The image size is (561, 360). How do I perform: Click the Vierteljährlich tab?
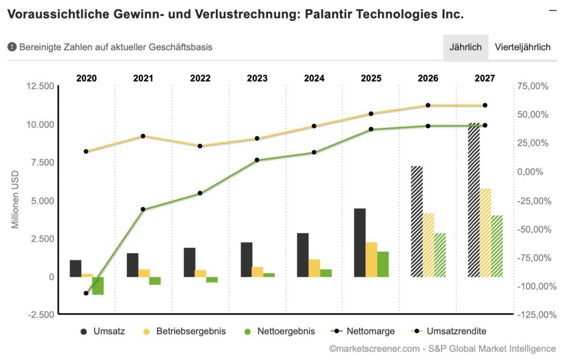coord(522,47)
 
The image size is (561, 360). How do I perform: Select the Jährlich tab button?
coord(465,47)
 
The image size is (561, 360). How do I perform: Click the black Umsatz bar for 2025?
coord(360,243)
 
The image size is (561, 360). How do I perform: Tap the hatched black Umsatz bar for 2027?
coord(474,200)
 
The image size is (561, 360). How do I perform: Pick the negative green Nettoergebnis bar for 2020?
coord(98,285)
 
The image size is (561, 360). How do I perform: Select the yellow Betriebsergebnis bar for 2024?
coord(314,268)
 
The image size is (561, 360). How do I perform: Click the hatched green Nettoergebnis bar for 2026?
coord(440,255)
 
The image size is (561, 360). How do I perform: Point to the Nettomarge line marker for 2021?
coord(143,209)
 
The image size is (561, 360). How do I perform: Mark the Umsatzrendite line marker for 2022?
coord(200,146)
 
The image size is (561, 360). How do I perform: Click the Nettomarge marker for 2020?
coord(86,293)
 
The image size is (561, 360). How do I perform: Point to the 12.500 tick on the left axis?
coord(41,86)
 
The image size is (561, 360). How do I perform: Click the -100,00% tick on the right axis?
coord(534,286)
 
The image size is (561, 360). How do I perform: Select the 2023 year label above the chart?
coord(257,78)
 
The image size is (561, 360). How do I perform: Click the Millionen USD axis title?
coord(16,200)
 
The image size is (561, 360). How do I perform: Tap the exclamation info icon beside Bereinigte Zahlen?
coord(12,47)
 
